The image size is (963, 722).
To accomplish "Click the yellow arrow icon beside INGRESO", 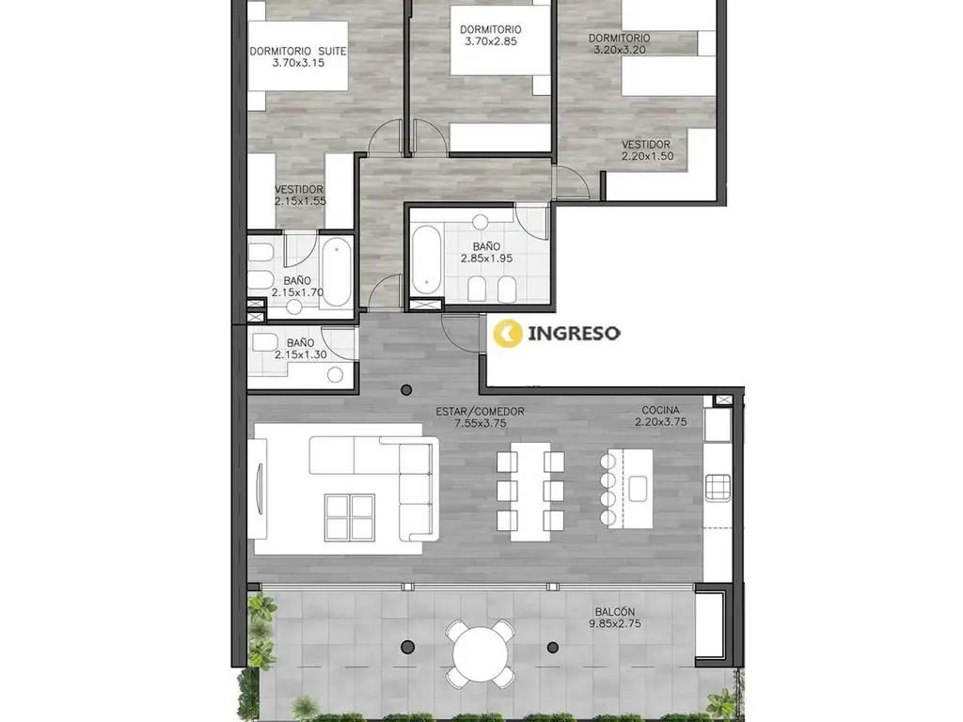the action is (x=508, y=334).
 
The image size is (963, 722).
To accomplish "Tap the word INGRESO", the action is (x=574, y=334).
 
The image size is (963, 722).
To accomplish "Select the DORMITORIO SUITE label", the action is (x=298, y=51).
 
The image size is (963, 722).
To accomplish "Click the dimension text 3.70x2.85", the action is (x=490, y=41).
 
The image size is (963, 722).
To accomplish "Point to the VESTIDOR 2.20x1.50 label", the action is (x=647, y=149).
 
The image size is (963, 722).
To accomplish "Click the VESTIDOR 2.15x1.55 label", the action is (x=300, y=196).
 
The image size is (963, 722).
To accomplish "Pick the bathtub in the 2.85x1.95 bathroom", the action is (x=426, y=259).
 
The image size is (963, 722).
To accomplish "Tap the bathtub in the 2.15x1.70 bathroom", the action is (x=336, y=272).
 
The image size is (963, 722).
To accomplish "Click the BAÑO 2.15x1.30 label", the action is (x=300, y=349).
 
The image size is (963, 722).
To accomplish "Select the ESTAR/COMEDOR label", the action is (x=481, y=412).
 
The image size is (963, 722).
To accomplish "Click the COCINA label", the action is (x=660, y=410).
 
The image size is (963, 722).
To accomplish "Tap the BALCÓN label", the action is (x=614, y=612).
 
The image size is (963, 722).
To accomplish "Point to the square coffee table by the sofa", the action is (x=350, y=517).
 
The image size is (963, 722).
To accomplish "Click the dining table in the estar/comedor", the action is (x=530, y=491).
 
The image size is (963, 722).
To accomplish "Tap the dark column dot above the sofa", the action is (x=406, y=389).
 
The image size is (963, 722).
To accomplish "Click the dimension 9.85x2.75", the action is (x=615, y=624).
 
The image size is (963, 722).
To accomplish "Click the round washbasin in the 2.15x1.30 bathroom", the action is (x=335, y=374).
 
